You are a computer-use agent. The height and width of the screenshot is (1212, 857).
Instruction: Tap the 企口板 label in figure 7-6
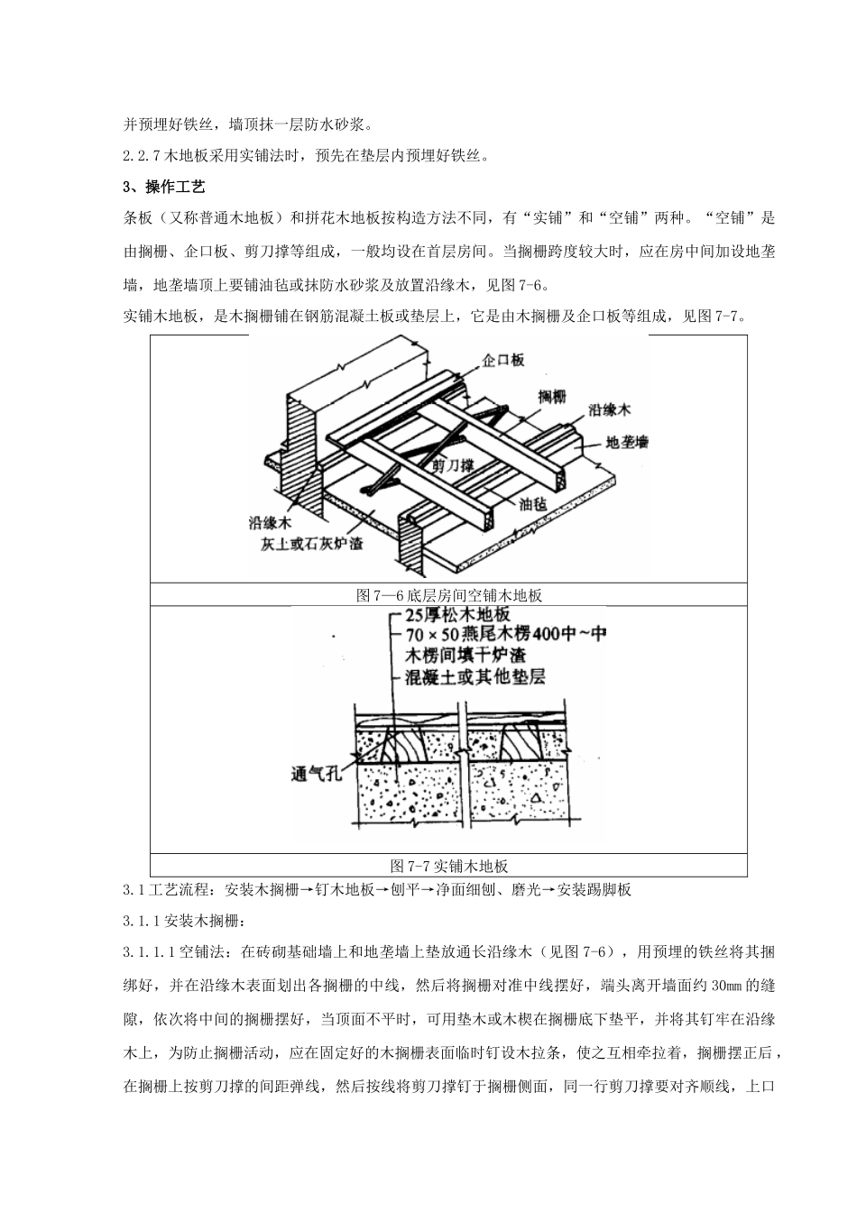(503, 359)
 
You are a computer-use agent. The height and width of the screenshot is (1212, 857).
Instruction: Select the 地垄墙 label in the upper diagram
(628, 443)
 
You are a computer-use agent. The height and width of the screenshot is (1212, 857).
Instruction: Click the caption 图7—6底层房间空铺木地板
(448, 595)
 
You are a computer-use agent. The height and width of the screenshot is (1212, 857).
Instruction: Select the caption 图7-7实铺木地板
(448, 866)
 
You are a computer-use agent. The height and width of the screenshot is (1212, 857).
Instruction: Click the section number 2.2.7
(141, 155)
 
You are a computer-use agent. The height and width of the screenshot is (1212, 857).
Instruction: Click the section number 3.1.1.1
(150, 952)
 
